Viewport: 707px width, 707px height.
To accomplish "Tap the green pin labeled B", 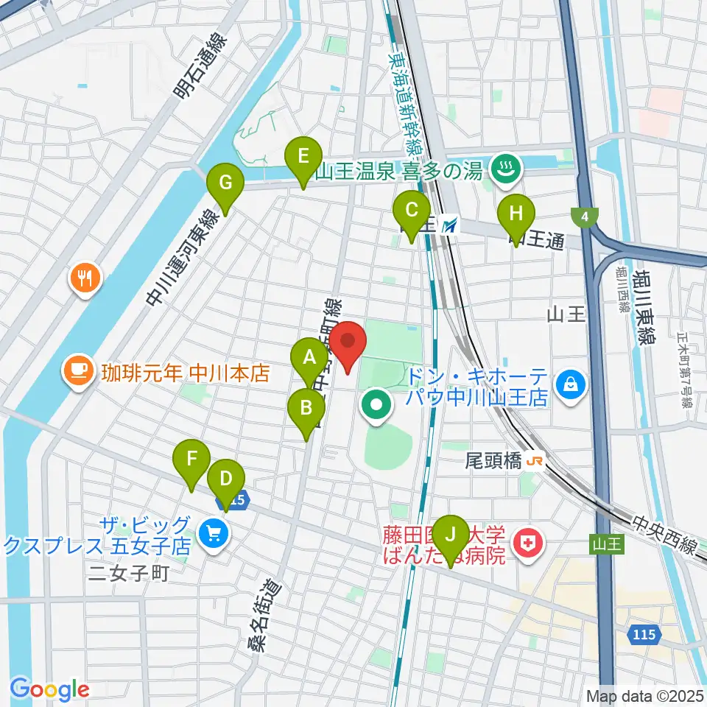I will click(306, 407).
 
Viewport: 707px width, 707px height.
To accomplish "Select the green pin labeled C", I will click(411, 209).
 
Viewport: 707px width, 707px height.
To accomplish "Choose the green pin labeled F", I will click(191, 460).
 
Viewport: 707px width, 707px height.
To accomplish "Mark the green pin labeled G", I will click(225, 182).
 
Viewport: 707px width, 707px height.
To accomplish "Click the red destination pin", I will click(348, 342).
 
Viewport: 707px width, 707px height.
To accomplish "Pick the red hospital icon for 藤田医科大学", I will click(528, 544).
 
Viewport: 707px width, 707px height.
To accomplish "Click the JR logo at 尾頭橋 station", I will click(534, 461).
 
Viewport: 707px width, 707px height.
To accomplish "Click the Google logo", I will click(49, 689).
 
